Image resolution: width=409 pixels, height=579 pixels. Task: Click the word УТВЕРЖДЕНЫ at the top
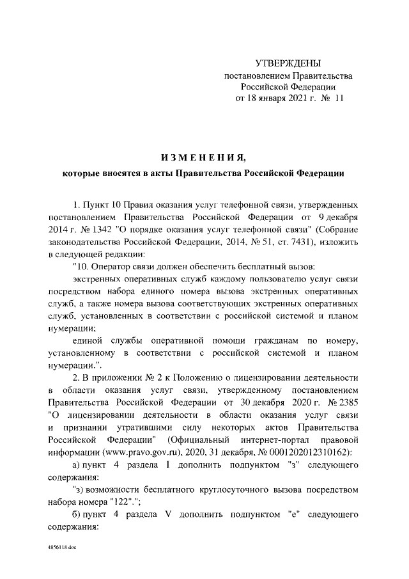(288, 63)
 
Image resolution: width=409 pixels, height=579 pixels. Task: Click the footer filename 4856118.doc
(61, 549)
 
